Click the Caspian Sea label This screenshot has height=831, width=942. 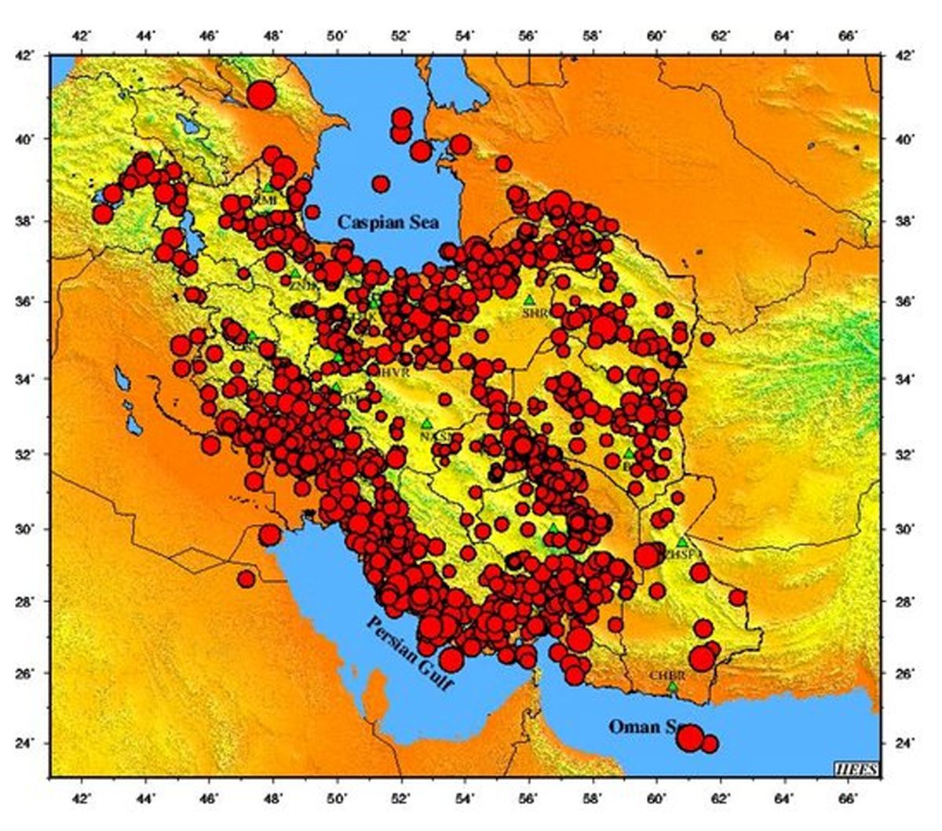389,222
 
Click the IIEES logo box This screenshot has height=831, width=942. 857,767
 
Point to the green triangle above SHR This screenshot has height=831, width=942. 529,300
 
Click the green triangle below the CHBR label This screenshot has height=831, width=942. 673,687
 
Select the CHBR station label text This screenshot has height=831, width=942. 667,676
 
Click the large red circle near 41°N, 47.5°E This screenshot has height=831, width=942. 261,95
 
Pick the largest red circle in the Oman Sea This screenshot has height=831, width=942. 689,738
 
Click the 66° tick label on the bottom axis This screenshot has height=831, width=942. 846,793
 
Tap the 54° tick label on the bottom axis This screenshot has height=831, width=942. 466,793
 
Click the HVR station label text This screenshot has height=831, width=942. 395,373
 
